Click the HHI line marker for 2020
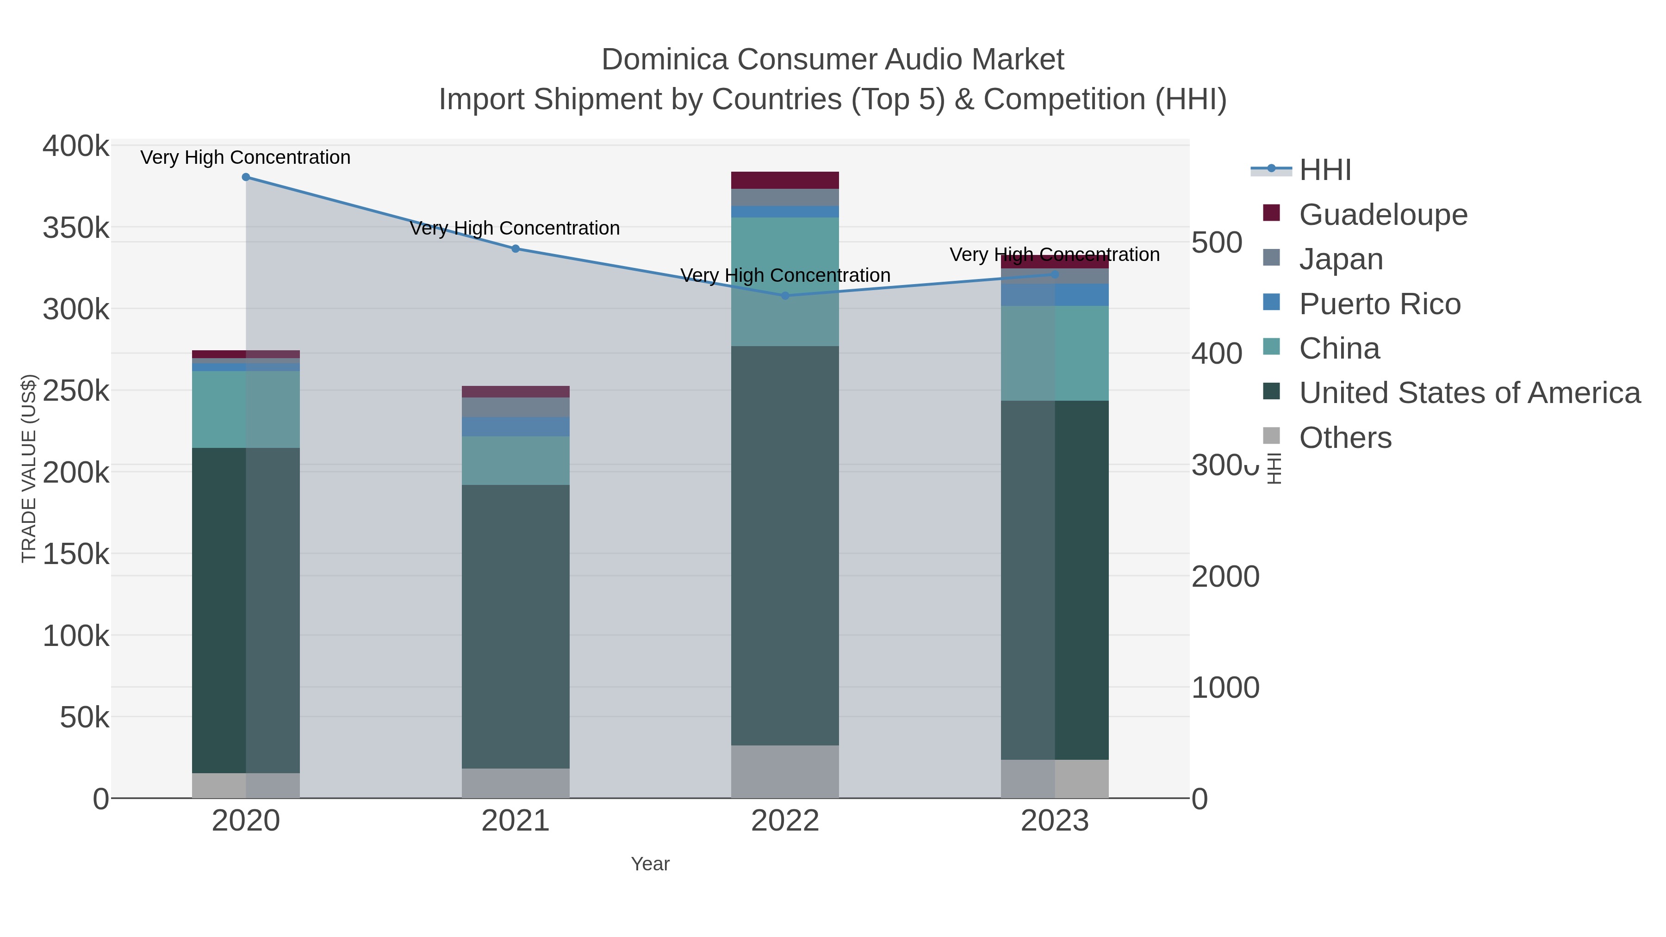click(x=246, y=177)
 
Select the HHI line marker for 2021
click(x=516, y=249)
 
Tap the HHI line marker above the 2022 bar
click(x=785, y=296)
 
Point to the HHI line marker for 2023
click(x=1055, y=274)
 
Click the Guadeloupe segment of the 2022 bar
click(x=785, y=180)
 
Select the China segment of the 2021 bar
click(x=516, y=460)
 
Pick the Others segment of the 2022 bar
click(x=785, y=771)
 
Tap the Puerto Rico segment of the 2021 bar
click(x=516, y=427)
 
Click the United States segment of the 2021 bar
click(x=516, y=626)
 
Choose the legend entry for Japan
click(x=1341, y=259)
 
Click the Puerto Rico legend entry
click(x=1380, y=304)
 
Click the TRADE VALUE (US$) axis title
click(x=29, y=468)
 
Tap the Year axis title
click(x=650, y=864)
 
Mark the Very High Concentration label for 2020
click(x=246, y=158)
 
